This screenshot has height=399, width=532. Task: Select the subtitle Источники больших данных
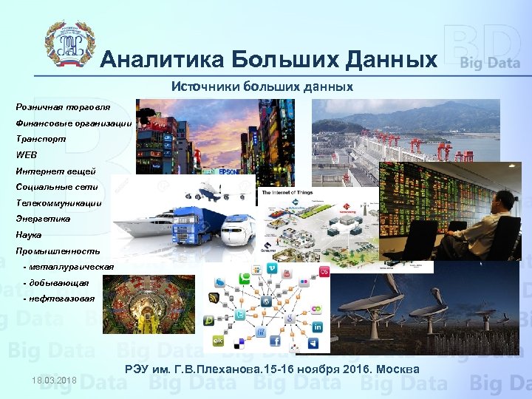[262, 86]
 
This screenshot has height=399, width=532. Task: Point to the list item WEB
[25, 154]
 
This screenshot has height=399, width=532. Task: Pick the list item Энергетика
[44, 219]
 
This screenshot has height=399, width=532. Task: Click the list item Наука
[29, 235]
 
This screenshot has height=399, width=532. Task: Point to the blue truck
[194, 225]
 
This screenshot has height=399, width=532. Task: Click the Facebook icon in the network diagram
[274, 341]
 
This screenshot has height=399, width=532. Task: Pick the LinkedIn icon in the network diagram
[317, 327]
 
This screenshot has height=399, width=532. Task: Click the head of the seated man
[503, 200]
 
